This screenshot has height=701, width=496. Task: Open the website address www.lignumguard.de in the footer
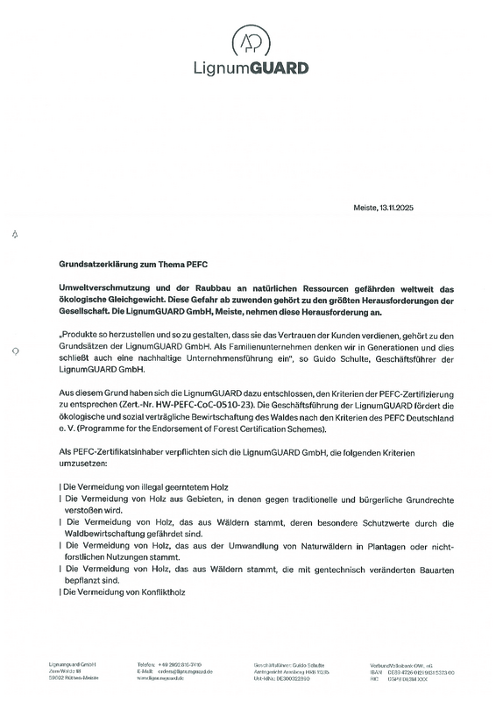point(164,677)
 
